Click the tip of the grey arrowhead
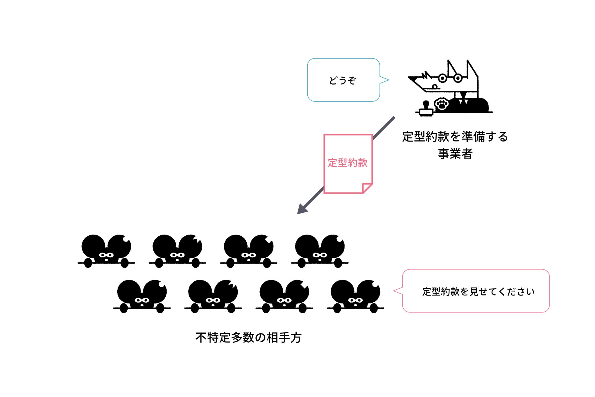tap(297, 214)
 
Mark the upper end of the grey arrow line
tap(394, 117)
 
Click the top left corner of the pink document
tap(324, 135)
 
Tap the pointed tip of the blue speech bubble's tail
tap(389, 80)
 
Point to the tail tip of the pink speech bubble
tap(393, 291)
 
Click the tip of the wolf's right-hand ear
tap(468, 60)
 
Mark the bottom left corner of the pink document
tap(324, 193)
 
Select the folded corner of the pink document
tap(367, 188)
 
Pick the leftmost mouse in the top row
tap(106, 251)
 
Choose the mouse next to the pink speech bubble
tap(355, 296)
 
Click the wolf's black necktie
tap(463, 97)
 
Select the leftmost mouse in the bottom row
tap(142, 296)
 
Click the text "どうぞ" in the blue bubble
tap(342, 80)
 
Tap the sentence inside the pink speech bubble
tap(478, 292)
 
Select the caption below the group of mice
tap(249, 337)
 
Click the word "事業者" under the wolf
tap(455, 153)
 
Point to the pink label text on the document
tap(348, 163)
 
